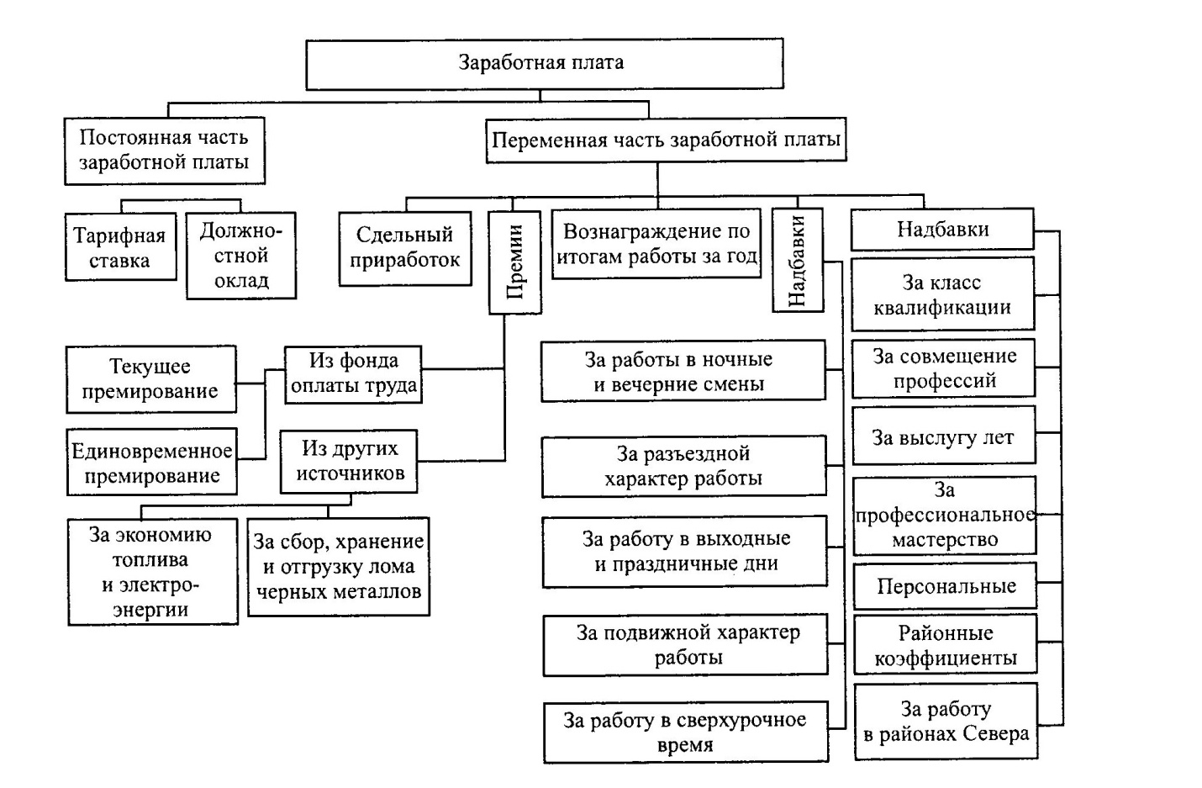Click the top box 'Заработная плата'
[544, 63]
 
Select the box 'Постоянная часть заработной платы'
[164, 151]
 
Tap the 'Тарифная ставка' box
[120, 247]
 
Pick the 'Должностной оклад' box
[241, 256]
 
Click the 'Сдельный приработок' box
[404, 247]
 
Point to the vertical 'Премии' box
[514, 262]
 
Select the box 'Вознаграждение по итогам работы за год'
[656, 244]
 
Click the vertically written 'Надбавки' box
[797, 260]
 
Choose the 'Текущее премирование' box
[151, 378]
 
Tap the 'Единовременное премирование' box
[151, 463]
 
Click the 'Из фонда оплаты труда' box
[353, 373]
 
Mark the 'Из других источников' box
[350, 461]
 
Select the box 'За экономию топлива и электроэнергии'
[152, 572]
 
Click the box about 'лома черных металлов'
[338, 567]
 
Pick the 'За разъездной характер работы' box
[683, 466]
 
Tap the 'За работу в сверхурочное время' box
[685, 732]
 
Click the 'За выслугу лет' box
[943, 437]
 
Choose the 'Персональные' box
[946, 586]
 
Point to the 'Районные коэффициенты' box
[946, 645]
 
